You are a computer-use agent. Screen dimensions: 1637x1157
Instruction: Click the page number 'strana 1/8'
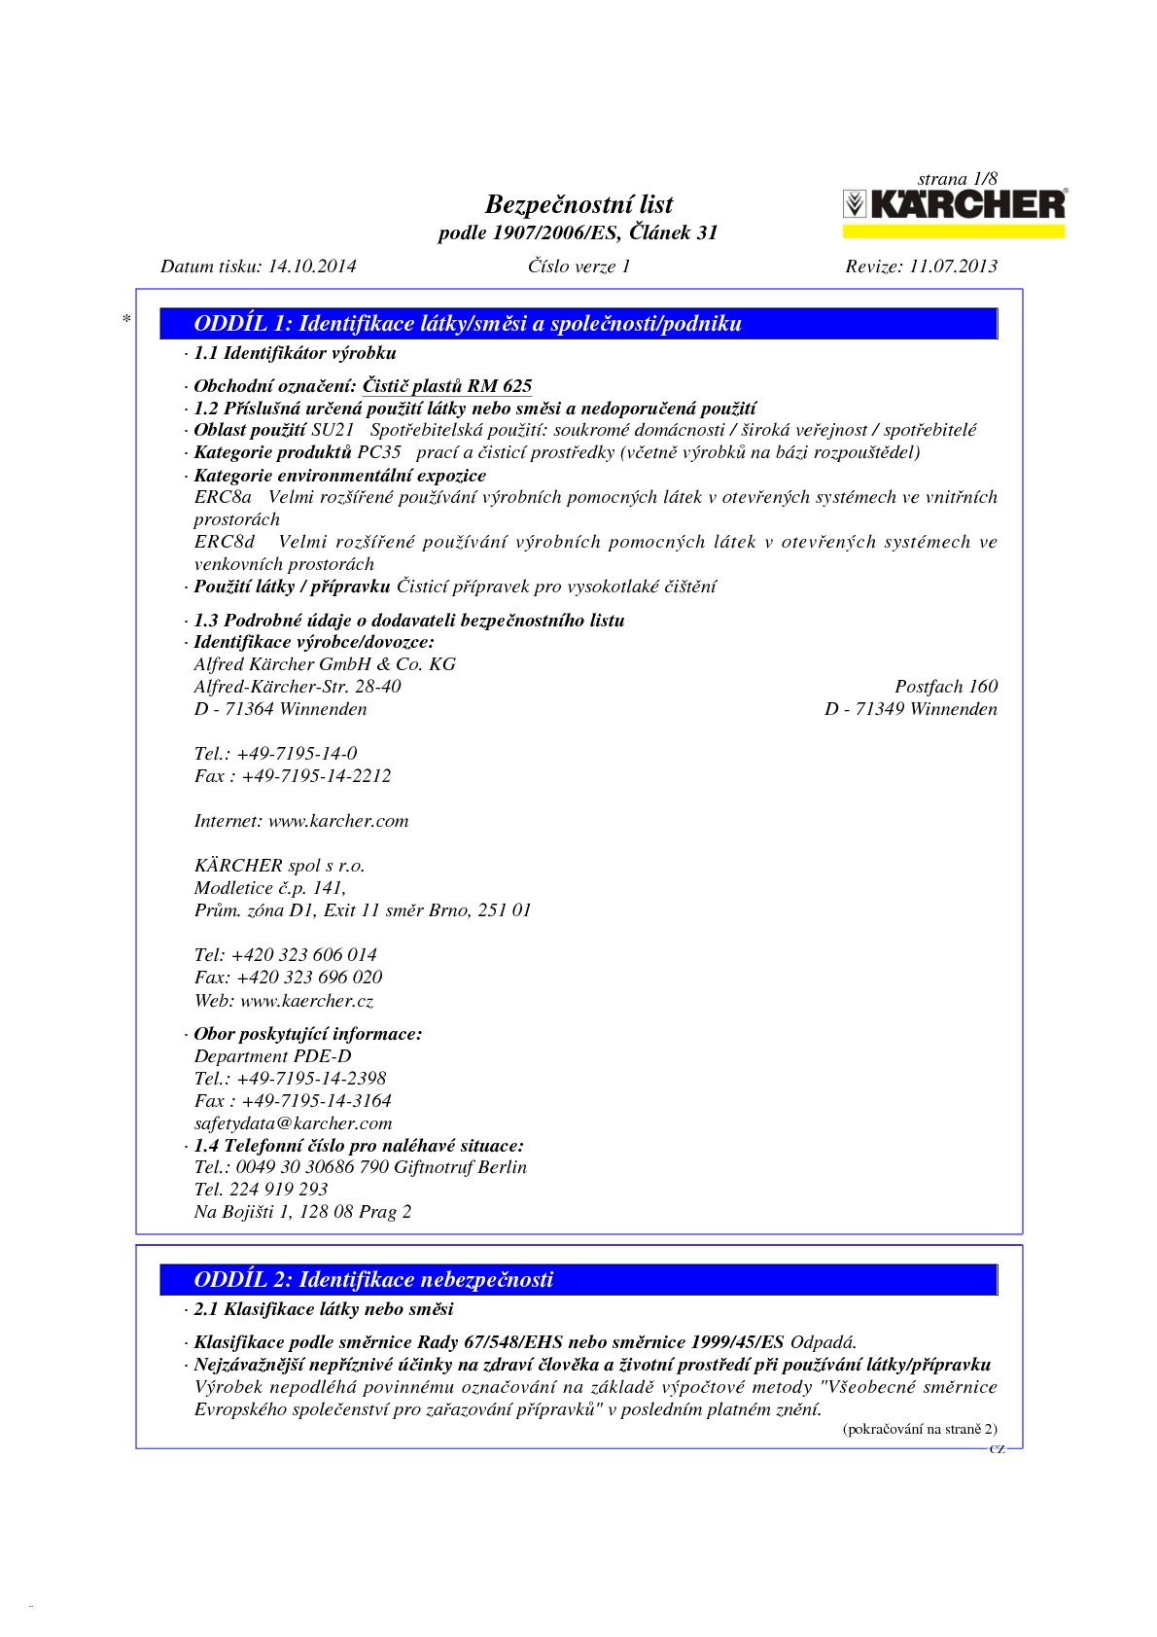(x=957, y=179)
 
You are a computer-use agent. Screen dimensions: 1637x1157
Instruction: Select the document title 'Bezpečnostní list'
(x=578, y=204)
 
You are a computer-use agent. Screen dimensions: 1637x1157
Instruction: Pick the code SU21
(x=333, y=430)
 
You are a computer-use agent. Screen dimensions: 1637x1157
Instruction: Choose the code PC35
(x=379, y=452)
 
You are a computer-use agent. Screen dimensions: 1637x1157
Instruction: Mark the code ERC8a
(x=223, y=497)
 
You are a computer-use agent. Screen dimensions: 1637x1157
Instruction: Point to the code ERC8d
(x=225, y=542)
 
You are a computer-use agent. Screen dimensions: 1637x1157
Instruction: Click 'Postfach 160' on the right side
(x=946, y=687)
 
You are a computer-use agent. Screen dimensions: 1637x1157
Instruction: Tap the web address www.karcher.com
(x=338, y=821)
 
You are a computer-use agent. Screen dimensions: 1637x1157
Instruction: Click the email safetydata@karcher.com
(x=293, y=1123)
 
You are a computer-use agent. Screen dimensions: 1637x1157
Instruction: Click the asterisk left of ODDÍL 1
(x=126, y=319)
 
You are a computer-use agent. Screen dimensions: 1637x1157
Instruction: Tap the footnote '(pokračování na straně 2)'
(x=919, y=1429)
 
